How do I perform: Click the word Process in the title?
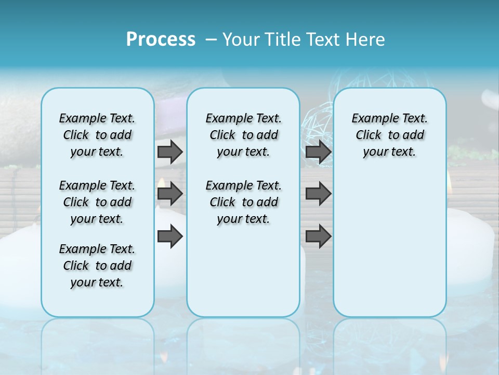point(161,40)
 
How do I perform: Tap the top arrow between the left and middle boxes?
point(170,152)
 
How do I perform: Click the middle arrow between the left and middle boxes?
point(170,194)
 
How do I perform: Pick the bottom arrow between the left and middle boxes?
point(170,236)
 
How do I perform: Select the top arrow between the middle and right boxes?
point(318,152)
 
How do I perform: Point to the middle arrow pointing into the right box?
point(318,194)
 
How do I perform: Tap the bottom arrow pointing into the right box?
point(318,236)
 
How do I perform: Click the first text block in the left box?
point(97,135)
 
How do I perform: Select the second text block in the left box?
point(97,202)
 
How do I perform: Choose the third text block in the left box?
point(97,266)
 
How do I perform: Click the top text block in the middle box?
point(243,135)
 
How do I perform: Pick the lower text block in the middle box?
point(243,202)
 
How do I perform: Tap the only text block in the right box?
point(389,135)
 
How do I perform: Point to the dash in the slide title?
point(211,40)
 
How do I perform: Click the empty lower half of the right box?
point(389,250)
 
